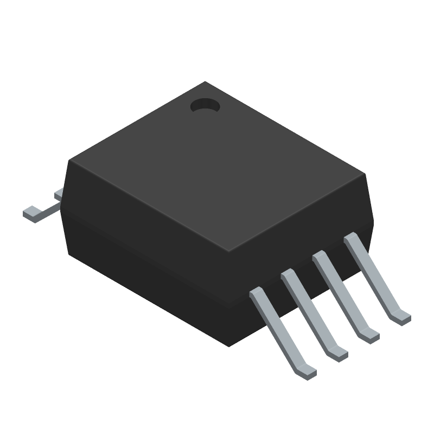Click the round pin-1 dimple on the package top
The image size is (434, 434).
tap(205, 105)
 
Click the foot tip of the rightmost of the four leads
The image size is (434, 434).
tap(402, 317)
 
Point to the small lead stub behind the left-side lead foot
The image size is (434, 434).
tap(58, 193)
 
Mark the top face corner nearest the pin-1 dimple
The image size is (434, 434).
tap(205, 82)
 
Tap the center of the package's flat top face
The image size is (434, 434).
tap(217, 168)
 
